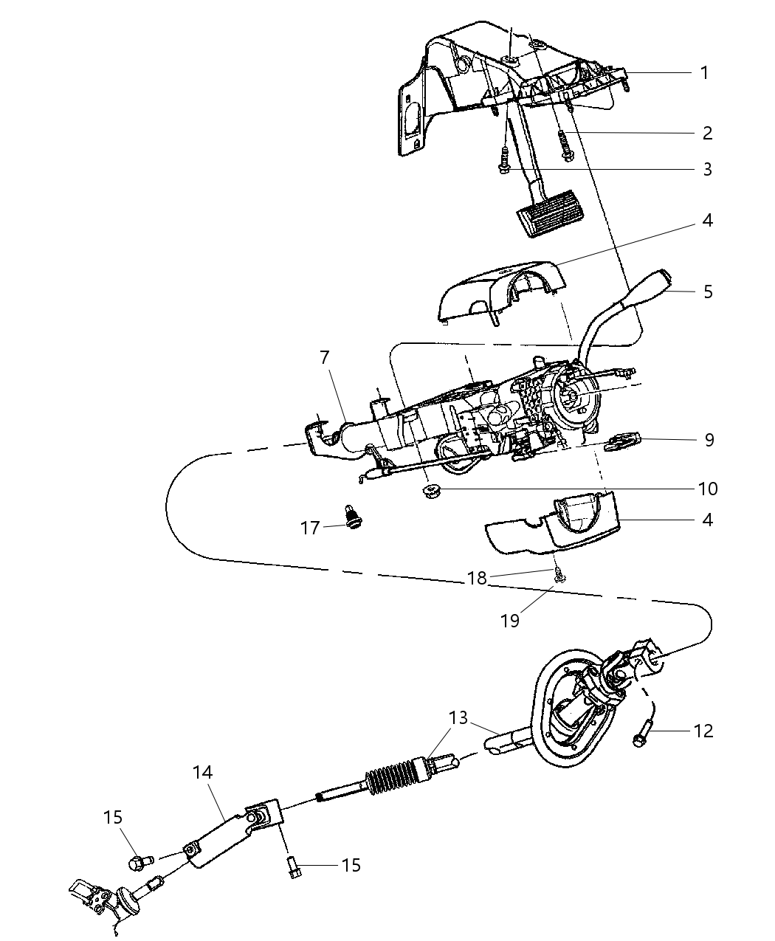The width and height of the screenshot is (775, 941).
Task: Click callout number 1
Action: (x=704, y=72)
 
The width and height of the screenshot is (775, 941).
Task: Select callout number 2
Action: (x=707, y=133)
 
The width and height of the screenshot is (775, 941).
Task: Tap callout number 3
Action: (x=707, y=170)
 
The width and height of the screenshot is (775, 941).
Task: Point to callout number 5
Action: (x=708, y=292)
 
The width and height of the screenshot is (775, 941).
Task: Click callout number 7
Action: (x=324, y=357)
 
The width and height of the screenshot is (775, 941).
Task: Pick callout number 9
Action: (x=709, y=440)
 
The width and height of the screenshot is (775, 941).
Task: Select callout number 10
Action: (x=707, y=489)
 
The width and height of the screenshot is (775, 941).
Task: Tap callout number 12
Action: (x=703, y=731)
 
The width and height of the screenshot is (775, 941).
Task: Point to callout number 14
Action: (x=203, y=772)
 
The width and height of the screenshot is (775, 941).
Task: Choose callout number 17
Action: (x=309, y=528)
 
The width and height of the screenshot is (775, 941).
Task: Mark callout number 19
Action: (x=510, y=620)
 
